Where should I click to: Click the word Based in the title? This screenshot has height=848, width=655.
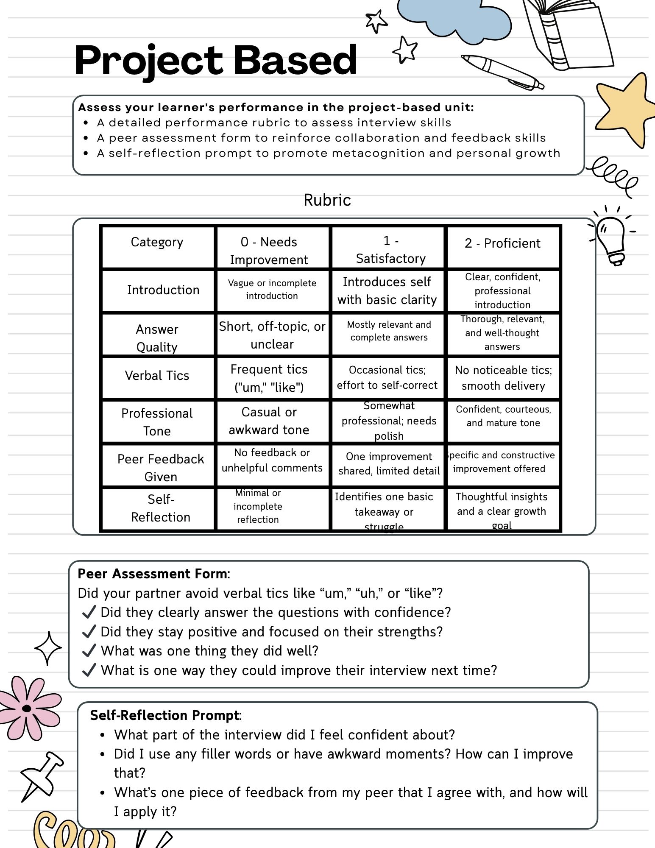(295, 60)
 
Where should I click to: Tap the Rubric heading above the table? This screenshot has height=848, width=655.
(327, 200)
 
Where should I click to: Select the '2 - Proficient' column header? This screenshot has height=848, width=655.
(502, 243)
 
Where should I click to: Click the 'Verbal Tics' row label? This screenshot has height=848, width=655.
(157, 376)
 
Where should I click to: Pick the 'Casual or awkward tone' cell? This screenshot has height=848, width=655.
(269, 421)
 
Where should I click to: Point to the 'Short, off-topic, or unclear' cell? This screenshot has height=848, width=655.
(272, 335)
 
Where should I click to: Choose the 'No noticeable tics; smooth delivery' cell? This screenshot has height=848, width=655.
(503, 378)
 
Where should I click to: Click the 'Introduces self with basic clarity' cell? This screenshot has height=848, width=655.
(387, 291)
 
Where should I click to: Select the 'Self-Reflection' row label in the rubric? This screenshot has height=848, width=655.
(161, 508)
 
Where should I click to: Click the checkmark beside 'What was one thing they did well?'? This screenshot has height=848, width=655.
(89, 650)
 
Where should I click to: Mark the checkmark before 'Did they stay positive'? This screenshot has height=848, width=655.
(89, 631)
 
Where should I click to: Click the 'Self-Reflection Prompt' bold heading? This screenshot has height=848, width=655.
(165, 715)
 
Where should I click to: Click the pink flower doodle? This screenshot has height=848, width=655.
(28, 708)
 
